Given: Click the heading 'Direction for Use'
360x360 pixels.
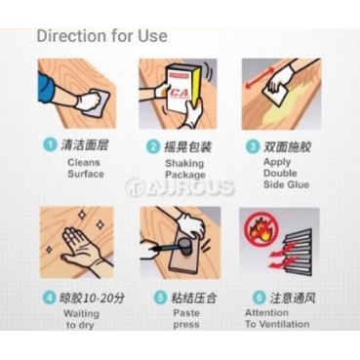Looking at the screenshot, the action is (x=102, y=36).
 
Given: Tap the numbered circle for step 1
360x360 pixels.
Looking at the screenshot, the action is (x=50, y=144).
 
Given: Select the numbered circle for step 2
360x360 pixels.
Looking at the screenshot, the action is (x=152, y=146).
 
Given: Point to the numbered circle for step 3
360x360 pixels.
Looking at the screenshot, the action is (x=253, y=146).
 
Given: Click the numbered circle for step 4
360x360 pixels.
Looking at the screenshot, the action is (x=50, y=298).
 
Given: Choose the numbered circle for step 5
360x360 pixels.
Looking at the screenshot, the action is (x=160, y=298).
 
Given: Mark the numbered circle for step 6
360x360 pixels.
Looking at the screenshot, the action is (x=260, y=297).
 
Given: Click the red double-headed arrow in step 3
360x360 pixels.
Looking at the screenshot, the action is (x=260, y=76).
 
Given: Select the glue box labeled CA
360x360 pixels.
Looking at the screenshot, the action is (x=181, y=89).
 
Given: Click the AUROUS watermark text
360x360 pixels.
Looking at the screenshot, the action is (x=180, y=187).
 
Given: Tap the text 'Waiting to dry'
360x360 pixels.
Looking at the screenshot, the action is (x=81, y=319).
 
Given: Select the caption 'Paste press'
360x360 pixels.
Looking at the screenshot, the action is (x=186, y=319).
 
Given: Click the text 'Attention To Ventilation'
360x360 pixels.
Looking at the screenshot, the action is (x=277, y=318).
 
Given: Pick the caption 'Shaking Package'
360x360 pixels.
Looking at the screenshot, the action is (x=185, y=169).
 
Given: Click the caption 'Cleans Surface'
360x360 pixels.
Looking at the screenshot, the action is (x=86, y=168).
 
